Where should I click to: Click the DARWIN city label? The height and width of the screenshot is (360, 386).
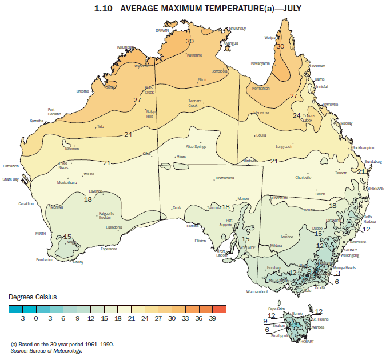pos(162,30)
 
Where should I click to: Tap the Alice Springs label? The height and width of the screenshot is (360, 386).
pos(196,147)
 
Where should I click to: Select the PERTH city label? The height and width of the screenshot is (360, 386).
pos(41,233)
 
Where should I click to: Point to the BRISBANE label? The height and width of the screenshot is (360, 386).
pos(375,187)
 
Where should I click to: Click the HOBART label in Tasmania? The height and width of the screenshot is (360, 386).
pos(307,341)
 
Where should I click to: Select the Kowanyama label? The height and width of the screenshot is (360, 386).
pos(260,63)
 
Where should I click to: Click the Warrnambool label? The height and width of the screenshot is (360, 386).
pos(257,291)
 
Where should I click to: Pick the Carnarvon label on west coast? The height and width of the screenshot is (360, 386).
pos(11,166)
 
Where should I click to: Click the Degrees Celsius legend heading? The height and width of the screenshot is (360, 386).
pos(33,298)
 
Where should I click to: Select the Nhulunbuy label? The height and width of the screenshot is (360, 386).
pos(237,28)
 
